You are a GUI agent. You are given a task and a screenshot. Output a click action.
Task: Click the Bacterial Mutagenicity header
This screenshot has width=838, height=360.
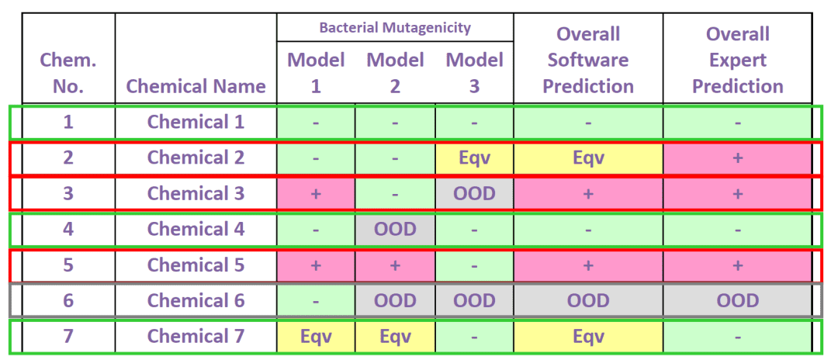395,27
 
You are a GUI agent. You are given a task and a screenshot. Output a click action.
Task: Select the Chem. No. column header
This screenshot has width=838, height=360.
68,73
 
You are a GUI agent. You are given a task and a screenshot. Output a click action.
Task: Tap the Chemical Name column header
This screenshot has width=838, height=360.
196,86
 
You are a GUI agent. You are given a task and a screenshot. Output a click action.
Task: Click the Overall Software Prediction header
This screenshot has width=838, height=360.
588,60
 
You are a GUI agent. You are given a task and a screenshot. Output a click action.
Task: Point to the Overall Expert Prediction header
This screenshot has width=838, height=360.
738,60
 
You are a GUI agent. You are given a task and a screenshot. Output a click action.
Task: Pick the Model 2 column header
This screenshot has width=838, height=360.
395,73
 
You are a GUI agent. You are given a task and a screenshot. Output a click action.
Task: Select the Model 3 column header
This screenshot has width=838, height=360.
475,73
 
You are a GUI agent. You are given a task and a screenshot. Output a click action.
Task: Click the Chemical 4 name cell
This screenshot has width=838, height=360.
196,229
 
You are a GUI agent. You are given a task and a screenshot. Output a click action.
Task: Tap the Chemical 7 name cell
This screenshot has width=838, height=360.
196,336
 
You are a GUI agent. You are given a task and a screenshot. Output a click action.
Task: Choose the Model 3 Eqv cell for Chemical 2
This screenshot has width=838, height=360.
475,157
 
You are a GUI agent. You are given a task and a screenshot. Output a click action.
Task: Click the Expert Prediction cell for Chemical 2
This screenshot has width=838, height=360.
738,157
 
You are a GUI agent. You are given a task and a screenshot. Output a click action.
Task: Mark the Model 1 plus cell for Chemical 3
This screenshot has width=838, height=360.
316,193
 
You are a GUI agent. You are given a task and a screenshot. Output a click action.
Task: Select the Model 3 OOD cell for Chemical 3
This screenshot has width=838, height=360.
475,193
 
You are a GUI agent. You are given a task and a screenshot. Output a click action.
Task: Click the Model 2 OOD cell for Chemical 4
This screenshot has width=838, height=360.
395,229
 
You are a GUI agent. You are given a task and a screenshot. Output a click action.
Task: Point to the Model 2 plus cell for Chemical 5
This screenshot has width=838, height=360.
395,265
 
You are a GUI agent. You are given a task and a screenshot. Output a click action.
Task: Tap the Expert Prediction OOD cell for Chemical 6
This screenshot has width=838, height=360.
738,301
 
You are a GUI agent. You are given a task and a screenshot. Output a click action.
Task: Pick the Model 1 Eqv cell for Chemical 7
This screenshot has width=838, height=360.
316,336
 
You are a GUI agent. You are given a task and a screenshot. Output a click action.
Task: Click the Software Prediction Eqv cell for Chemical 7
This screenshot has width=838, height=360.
588,336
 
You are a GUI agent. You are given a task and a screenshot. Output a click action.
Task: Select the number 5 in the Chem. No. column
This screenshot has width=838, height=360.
68,265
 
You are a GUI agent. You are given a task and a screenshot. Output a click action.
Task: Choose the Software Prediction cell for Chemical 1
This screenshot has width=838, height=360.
588,123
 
